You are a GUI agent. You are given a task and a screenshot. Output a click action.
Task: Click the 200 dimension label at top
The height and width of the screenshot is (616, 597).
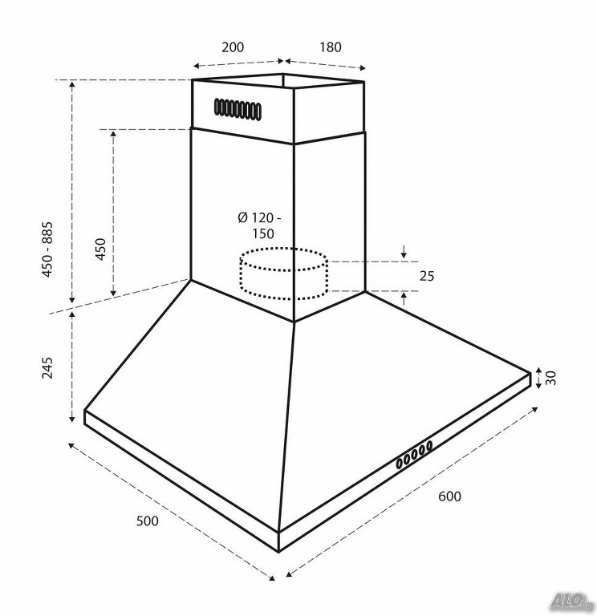tap(232, 47)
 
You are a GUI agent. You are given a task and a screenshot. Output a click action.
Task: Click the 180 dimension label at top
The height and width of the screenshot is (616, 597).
tap(330, 47)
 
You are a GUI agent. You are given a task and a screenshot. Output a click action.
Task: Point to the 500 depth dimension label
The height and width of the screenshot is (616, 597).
tap(148, 521)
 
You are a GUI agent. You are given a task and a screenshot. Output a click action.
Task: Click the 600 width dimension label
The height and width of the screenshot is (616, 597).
tap(449, 496)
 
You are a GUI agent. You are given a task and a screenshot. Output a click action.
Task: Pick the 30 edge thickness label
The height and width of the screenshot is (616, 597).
tap(551, 378)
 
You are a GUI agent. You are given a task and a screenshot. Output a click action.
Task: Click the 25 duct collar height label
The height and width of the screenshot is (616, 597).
tap(427, 276)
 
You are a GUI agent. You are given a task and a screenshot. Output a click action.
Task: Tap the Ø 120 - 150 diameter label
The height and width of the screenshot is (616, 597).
tap(259, 226)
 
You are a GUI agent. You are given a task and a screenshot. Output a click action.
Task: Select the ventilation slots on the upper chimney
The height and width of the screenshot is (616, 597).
tap(238, 109)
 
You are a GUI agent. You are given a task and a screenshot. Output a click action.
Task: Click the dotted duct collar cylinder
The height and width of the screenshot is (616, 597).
tap(284, 274)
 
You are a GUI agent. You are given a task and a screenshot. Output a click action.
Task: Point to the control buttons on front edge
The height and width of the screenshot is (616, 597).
tap(414, 454)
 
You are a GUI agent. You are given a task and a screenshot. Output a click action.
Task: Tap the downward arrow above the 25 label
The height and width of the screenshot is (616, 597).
tap(404, 252)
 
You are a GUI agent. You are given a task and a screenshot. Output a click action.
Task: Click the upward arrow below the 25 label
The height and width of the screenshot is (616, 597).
tap(404, 300)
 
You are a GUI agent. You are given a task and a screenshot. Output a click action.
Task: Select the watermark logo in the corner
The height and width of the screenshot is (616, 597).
tap(571, 599)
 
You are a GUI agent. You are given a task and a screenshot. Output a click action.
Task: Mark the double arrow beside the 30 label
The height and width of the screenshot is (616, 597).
tap(538, 378)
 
